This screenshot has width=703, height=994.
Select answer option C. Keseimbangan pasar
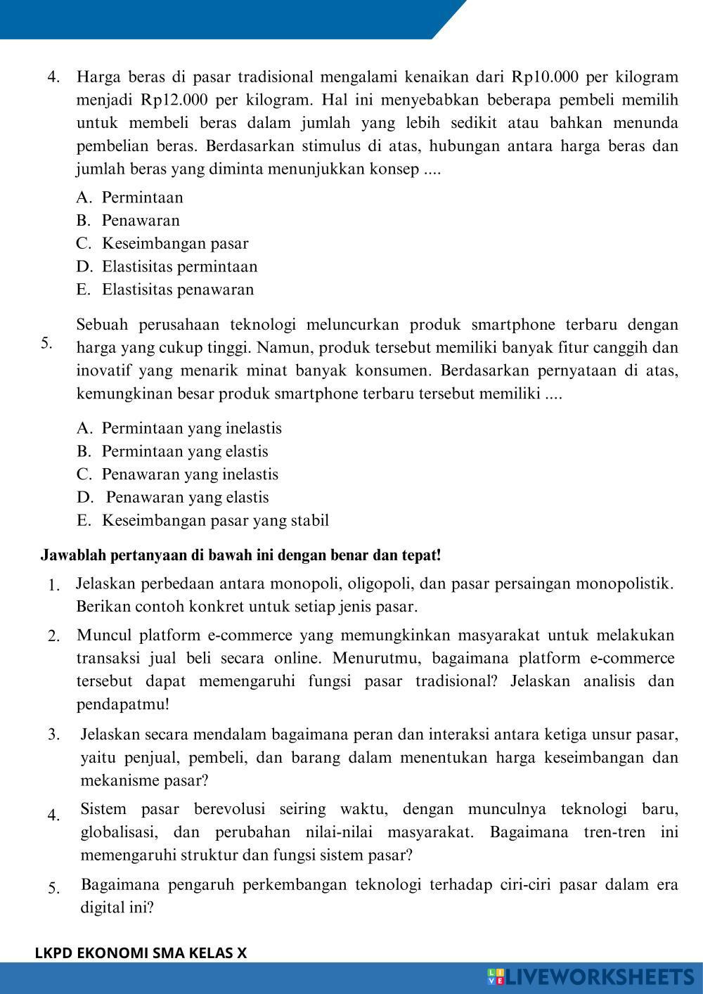(174, 243)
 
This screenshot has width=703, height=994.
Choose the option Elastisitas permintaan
(179, 266)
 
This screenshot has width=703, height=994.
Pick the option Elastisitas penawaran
(177, 290)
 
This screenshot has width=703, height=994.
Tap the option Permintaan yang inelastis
(191, 428)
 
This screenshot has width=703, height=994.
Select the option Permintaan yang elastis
(185, 451)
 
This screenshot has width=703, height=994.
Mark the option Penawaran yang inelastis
(190, 475)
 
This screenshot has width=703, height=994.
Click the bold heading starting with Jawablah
(240, 555)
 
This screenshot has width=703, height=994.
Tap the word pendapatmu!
(123, 704)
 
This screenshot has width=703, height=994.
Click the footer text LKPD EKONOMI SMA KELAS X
(141, 953)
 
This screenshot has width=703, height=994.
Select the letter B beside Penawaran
(83, 221)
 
